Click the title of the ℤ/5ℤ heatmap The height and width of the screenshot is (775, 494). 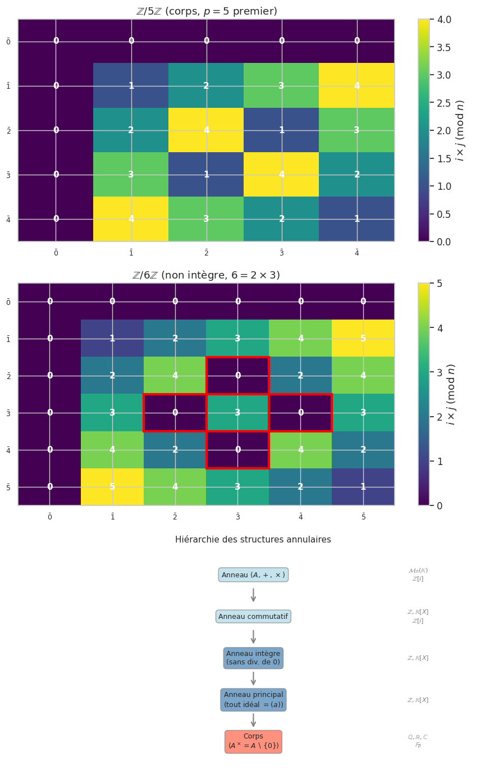(206, 11)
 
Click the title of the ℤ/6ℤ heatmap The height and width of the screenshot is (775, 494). (206, 275)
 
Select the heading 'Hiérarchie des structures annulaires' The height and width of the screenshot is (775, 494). (253, 540)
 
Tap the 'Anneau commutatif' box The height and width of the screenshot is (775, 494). (253, 617)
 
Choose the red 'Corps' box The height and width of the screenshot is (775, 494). (253, 742)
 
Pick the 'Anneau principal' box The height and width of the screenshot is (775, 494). (253, 700)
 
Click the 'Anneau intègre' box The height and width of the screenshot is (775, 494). (253, 658)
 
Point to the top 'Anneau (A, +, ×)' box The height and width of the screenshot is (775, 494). (253, 575)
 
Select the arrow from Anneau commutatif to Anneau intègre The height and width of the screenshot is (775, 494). (253, 637)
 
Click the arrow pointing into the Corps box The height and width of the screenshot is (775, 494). (253, 721)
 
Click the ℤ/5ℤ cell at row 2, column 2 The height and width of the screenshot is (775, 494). (206, 130)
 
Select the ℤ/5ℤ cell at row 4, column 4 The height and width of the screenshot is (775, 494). (356, 219)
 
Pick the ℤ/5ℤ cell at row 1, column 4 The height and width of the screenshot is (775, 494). (356, 86)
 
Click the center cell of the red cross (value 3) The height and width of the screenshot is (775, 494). (237, 413)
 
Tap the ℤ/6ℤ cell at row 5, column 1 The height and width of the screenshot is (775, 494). (112, 487)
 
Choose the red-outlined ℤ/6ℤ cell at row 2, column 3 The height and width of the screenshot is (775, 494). (237, 376)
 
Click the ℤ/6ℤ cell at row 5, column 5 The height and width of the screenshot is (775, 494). (363, 487)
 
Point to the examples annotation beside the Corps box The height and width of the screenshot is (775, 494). (418, 741)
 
